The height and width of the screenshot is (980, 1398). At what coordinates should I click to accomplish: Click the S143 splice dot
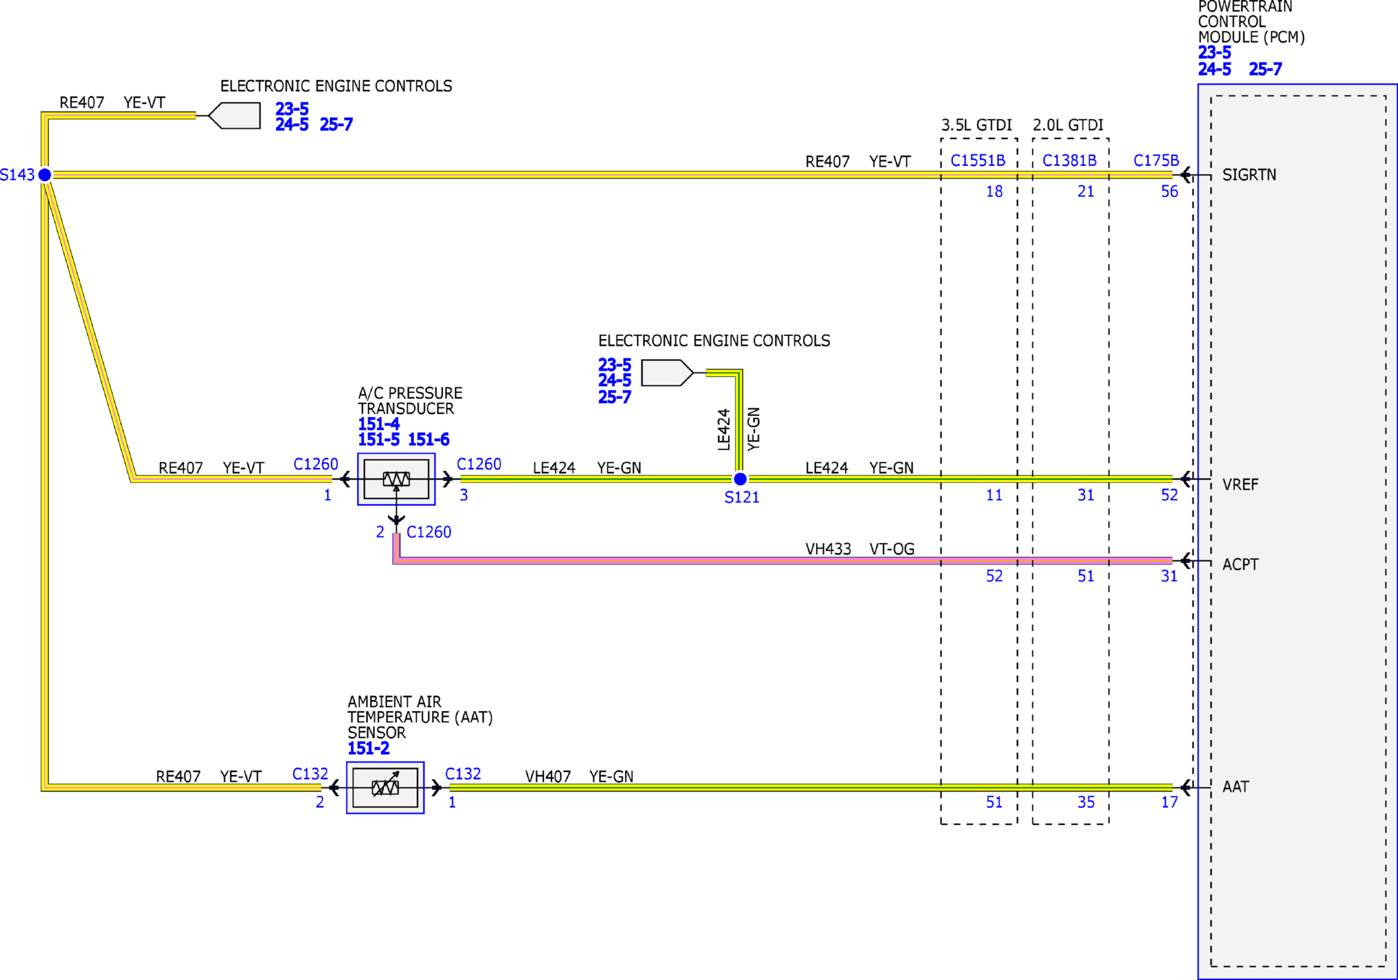[x=45, y=175]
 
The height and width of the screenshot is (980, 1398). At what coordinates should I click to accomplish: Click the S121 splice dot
[x=740, y=479]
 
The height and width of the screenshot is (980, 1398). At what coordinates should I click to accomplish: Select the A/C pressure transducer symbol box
[x=396, y=479]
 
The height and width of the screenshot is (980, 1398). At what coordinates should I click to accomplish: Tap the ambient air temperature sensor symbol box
[x=385, y=788]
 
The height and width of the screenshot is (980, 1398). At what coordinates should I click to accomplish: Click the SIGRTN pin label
[x=1249, y=175]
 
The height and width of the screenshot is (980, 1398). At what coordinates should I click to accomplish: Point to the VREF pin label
[x=1240, y=484]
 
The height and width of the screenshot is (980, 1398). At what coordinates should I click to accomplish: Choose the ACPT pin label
[x=1240, y=565]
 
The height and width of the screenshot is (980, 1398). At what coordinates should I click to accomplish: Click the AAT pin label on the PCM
[x=1235, y=786]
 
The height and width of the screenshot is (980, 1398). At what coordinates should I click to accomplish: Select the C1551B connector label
[x=978, y=161]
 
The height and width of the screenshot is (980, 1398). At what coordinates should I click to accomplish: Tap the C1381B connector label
[x=1069, y=161]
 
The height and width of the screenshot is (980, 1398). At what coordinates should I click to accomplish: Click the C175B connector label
[x=1156, y=161]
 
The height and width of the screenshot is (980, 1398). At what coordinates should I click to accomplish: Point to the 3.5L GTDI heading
[x=977, y=125]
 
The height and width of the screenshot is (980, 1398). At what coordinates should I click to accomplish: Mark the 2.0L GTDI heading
[x=1068, y=125]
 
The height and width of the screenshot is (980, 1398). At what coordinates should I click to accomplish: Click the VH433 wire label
[x=828, y=549]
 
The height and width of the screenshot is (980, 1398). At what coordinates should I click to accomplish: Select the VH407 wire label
[x=548, y=777]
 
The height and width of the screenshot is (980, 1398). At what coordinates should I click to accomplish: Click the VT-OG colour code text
[x=892, y=549]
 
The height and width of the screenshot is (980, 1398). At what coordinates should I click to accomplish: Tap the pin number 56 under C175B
[x=1170, y=192]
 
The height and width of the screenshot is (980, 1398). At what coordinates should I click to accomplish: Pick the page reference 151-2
[x=368, y=748]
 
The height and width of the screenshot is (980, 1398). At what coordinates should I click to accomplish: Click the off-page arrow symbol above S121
[x=667, y=373]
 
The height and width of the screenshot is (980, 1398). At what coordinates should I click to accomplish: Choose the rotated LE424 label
[x=724, y=430]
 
